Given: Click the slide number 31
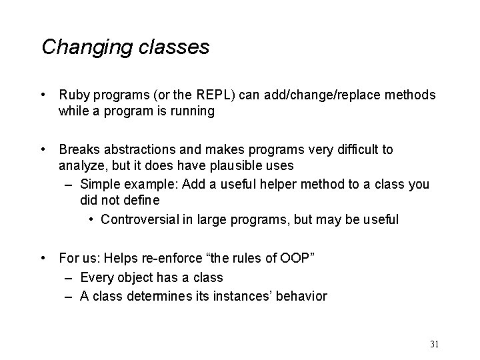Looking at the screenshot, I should pos(434,344).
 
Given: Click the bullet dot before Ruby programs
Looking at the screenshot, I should pos(44,95).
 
